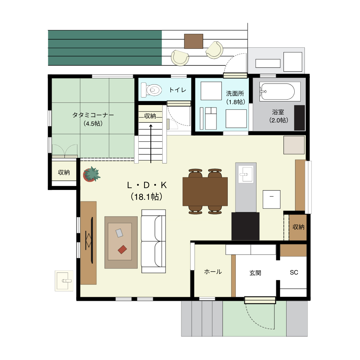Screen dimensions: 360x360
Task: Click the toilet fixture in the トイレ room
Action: pyautogui.click(x=151, y=90)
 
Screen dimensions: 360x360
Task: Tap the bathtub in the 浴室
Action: pyautogui.click(x=278, y=91)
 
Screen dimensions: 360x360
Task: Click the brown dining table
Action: pyautogui.click(x=205, y=191)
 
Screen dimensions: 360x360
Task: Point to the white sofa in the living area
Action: pyautogui.click(x=154, y=241)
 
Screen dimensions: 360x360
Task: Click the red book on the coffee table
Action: pyautogui.click(x=122, y=249)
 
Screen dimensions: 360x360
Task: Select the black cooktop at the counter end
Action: pyautogui.click(x=245, y=226)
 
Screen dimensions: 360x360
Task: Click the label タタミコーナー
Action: pyautogui.click(x=93, y=115)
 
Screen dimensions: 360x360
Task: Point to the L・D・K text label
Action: pyautogui.click(x=147, y=185)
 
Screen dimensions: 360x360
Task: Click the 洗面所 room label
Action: pyautogui.click(x=235, y=93)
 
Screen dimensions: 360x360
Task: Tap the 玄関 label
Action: pyautogui.click(x=255, y=273)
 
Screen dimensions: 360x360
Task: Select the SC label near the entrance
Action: pyautogui.click(x=294, y=272)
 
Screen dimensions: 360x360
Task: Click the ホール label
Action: pyautogui.click(x=213, y=271)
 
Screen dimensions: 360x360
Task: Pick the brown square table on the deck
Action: pyautogui.click(x=193, y=41)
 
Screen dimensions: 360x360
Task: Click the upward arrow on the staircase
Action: pyautogui.click(x=151, y=144)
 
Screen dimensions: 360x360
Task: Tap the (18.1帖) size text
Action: pyautogui.click(x=146, y=197)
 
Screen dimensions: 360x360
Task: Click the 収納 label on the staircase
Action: pyautogui.click(x=150, y=116)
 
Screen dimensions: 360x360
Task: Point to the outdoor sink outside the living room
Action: pyautogui.click(x=64, y=280)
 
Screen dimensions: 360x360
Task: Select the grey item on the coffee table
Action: pyautogui.click(x=119, y=233)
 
